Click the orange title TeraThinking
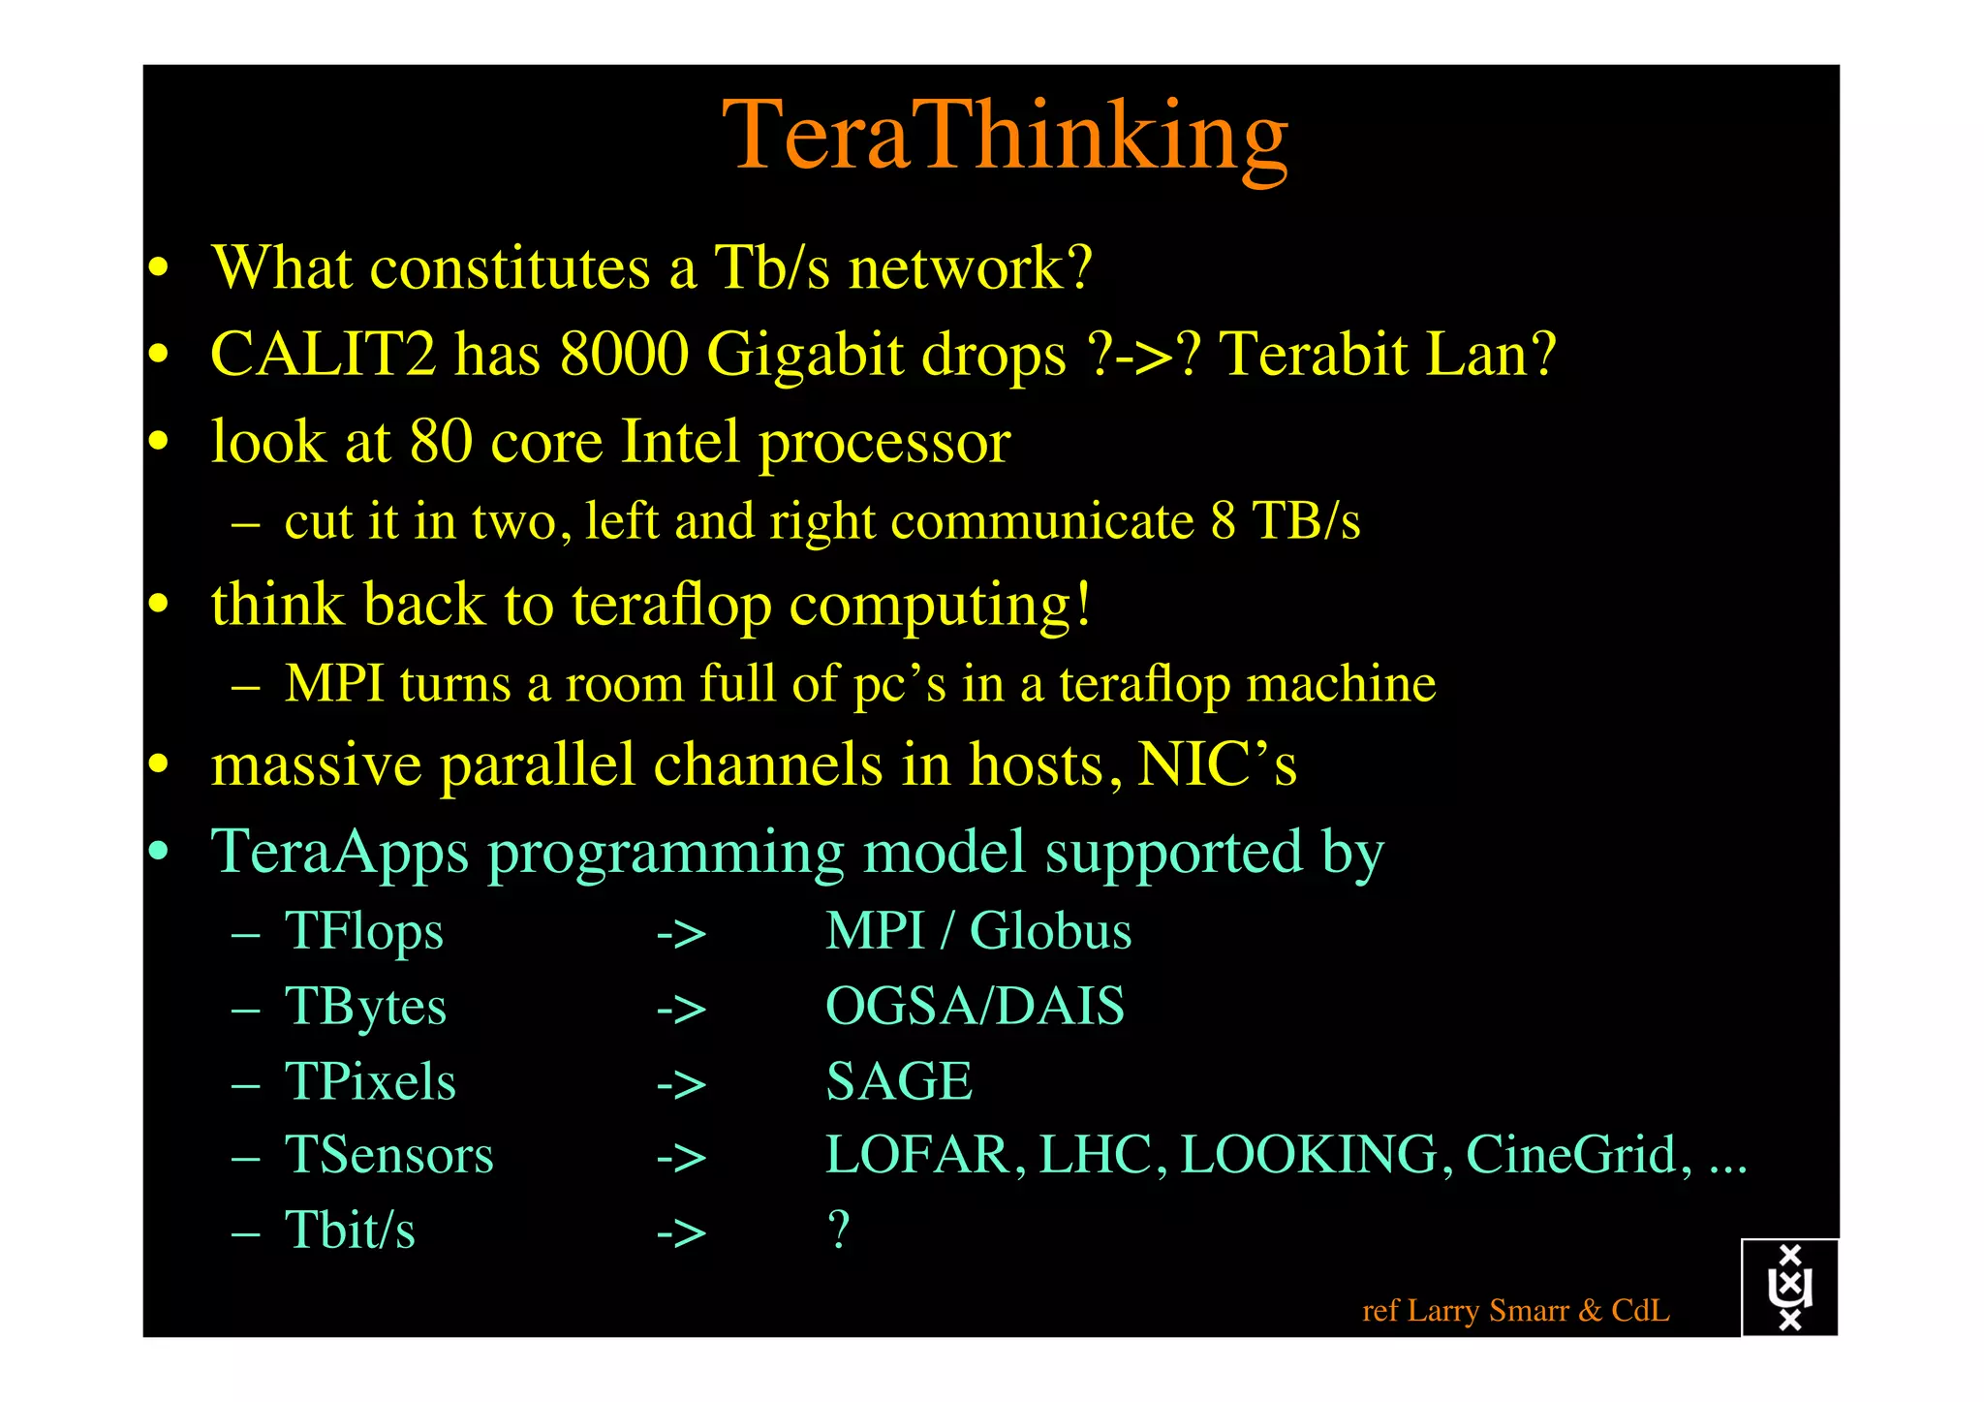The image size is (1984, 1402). [1005, 136]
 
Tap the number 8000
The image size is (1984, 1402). [624, 354]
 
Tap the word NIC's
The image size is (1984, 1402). [1217, 765]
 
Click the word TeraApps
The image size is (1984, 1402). [340, 853]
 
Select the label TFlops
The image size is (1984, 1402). [364, 932]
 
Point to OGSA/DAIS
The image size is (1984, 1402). [975, 1007]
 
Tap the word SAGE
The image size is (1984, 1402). [899, 1081]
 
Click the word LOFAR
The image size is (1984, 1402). [917, 1155]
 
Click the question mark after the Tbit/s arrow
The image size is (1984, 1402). [839, 1231]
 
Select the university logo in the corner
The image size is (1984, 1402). [1789, 1288]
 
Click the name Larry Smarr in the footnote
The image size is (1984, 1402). [1488, 1311]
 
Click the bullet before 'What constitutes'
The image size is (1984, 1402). [159, 268]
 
